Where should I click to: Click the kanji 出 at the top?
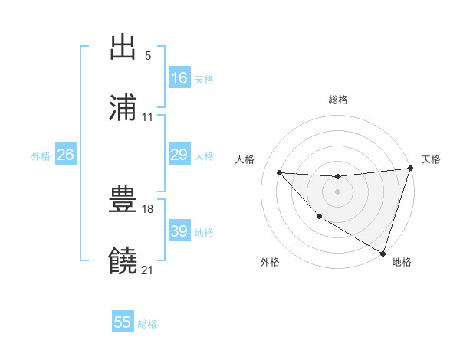tap(123, 48)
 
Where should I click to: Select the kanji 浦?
tap(123, 107)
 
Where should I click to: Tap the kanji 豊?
tap(123, 201)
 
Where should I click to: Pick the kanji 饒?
tap(123, 260)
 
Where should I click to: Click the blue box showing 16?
tap(179, 78)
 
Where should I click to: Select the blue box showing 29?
tap(179, 155)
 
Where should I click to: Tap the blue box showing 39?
tap(179, 231)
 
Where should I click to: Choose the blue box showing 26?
tap(66, 155)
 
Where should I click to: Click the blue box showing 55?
tap(123, 322)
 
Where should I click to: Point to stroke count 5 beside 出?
tap(147, 56)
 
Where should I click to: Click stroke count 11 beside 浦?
tap(147, 117)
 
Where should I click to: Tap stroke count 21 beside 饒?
tap(147, 270)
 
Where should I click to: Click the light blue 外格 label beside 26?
tap(41, 155)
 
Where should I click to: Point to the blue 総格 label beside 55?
tap(147, 324)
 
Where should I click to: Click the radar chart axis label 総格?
tap(338, 100)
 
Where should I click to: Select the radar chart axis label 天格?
tap(431, 159)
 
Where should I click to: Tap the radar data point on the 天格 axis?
tap(410, 169)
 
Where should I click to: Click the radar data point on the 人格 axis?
tap(279, 172)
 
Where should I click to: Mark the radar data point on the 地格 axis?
tap(383, 253)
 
